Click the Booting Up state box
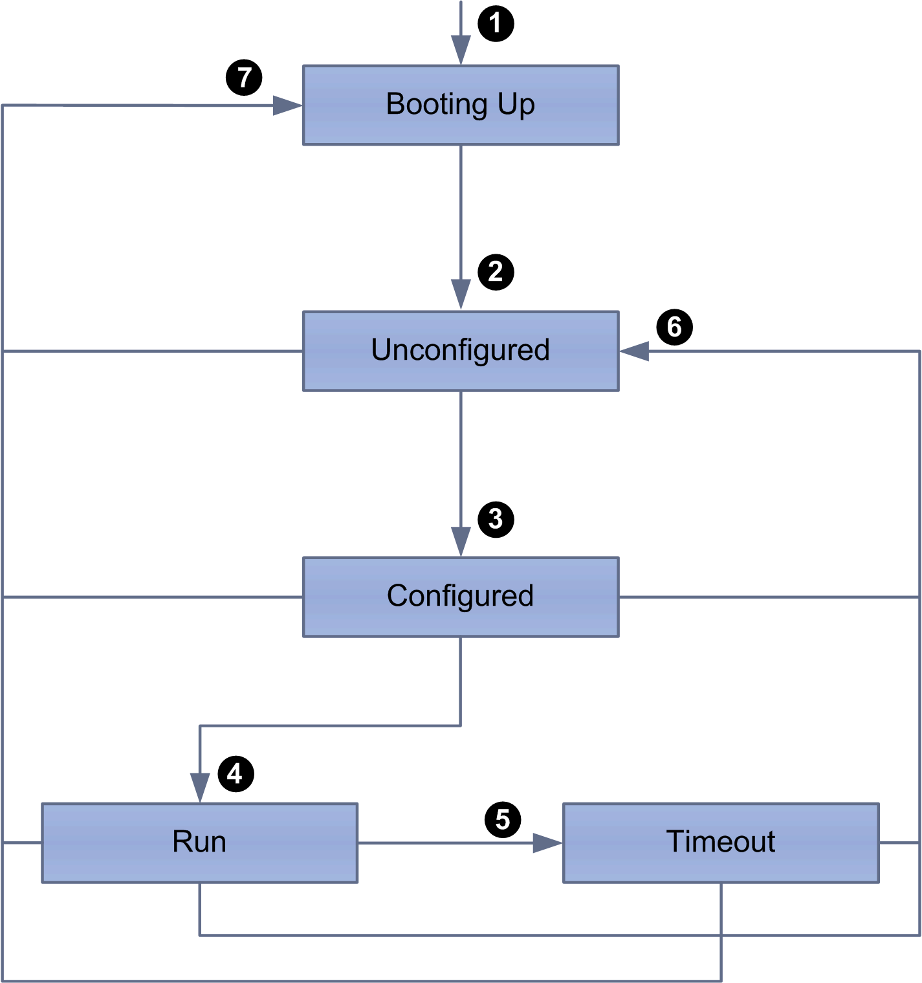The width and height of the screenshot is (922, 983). click(x=461, y=105)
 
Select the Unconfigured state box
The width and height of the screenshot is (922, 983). click(x=461, y=351)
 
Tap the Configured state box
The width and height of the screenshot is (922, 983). click(x=461, y=597)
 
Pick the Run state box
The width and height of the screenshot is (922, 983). click(x=199, y=843)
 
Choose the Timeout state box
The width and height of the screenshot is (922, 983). click(x=721, y=843)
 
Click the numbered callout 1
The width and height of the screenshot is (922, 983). click(x=496, y=24)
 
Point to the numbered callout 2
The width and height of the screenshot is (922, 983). click(x=496, y=272)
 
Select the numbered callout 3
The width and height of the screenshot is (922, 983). click(x=496, y=519)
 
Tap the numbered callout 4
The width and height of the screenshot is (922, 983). click(x=236, y=774)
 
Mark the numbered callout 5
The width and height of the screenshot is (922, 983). click(x=503, y=819)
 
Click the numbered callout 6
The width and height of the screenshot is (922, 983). click(x=674, y=327)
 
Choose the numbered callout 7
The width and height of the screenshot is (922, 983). click(x=244, y=78)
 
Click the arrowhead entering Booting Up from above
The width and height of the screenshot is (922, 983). click(x=461, y=50)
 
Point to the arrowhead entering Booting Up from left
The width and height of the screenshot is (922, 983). click(x=287, y=105)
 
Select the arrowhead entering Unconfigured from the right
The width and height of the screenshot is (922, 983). click(x=634, y=351)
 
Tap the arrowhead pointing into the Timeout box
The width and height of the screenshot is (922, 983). click(x=547, y=843)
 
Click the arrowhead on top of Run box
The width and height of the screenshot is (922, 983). click(x=200, y=788)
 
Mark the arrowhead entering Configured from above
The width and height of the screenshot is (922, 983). click(x=461, y=542)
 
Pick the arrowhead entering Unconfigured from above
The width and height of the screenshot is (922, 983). click(x=461, y=294)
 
